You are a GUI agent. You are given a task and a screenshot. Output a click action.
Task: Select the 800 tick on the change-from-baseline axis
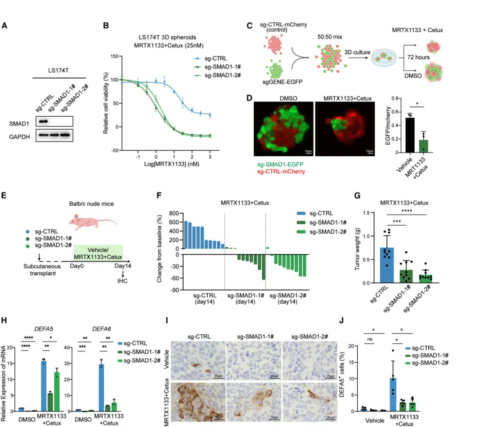(173, 214)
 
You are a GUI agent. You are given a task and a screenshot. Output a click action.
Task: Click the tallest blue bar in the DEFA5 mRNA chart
(44, 386)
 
